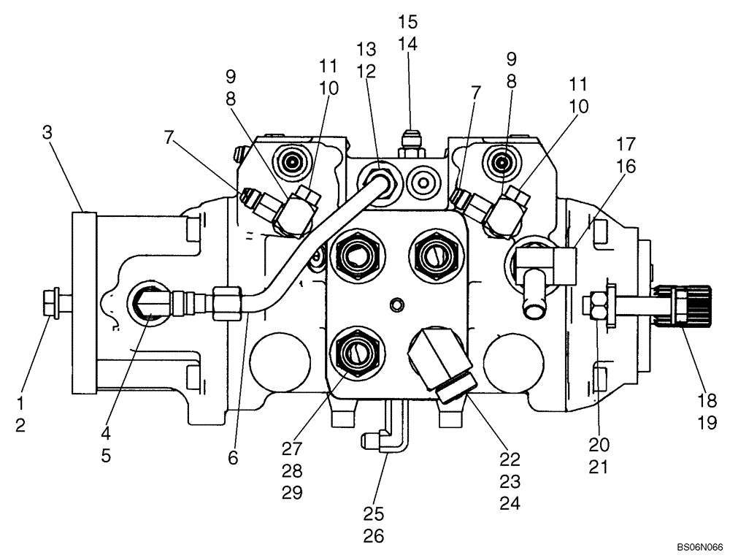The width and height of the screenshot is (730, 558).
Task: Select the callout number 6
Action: [x=233, y=458]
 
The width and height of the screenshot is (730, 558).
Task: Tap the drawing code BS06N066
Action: [x=699, y=546]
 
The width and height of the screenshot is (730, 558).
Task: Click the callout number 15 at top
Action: [x=408, y=22]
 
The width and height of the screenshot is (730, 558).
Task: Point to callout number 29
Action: [x=291, y=492]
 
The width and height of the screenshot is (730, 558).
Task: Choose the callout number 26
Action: [x=374, y=535]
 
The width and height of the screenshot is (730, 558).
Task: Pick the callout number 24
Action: [x=510, y=503]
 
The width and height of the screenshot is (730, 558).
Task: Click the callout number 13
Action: [x=366, y=49]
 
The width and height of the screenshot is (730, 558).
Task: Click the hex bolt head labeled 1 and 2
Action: [x=50, y=305]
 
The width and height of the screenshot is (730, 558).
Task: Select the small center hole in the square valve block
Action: [x=396, y=304]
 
